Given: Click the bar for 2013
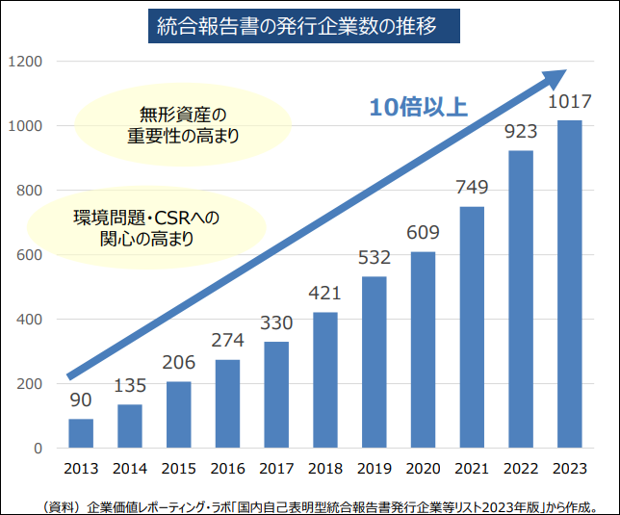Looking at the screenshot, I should [81, 433].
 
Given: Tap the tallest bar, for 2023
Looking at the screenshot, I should [570, 284].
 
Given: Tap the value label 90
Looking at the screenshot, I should [81, 400].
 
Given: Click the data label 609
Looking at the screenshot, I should [424, 233].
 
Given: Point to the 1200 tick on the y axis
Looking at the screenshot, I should [25, 62].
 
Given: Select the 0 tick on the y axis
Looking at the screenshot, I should [38, 449].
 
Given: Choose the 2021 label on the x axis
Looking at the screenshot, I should [472, 469].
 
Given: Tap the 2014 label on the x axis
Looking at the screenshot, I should [130, 469].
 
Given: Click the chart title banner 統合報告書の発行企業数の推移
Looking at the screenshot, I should [309, 27].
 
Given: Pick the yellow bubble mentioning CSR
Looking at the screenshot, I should [146, 227].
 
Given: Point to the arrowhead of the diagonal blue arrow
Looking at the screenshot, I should [556, 75].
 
